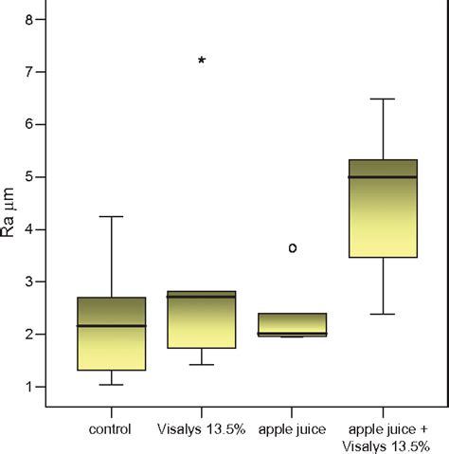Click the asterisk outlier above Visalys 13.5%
[201, 60]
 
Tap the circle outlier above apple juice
[293, 247]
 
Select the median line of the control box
[111, 326]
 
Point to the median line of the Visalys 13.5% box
[201, 297]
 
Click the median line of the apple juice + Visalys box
[383, 177]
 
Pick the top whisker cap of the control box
[111, 217]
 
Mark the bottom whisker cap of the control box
[111, 385]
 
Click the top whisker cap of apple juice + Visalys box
[383, 99]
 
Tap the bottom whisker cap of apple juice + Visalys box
[383, 314]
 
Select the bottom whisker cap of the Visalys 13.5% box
[201, 365]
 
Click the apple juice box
[293, 324]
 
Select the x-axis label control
[111, 429]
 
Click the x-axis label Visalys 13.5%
[201, 429]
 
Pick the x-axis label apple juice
[293, 429]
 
